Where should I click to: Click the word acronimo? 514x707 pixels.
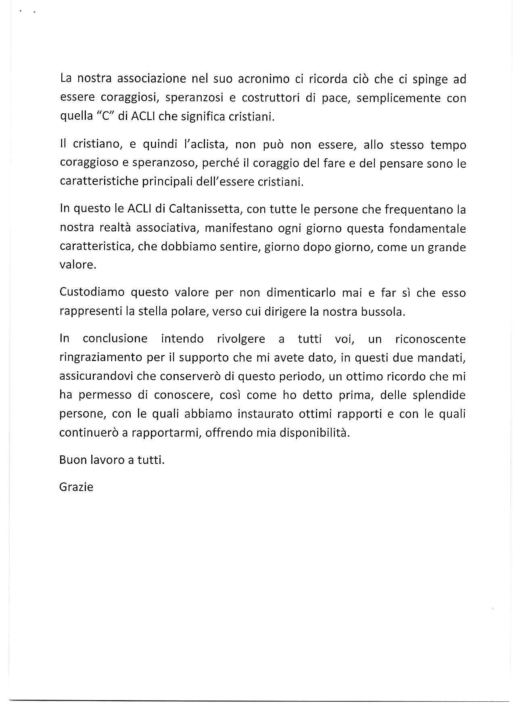click(x=262, y=79)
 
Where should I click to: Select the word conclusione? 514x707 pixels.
click(x=115, y=338)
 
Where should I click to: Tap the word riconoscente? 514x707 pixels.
click(x=430, y=339)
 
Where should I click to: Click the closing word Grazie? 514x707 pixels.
click(x=76, y=487)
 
